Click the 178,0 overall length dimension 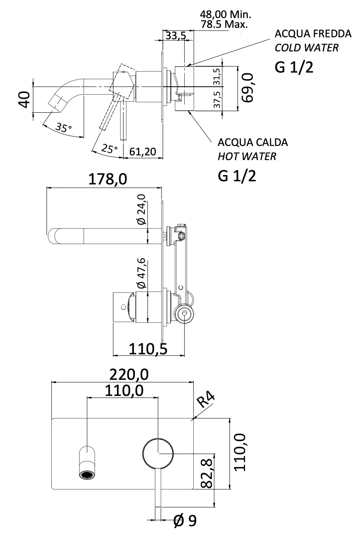[107, 179]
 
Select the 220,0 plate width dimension [129, 375]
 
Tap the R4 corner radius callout [206, 401]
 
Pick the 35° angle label [64, 128]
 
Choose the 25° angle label [109, 149]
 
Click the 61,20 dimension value [143, 151]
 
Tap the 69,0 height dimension [248, 87]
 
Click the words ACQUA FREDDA [313, 34]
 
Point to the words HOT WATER [247, 157]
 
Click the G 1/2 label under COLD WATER [294, 67]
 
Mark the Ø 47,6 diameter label [142, 273]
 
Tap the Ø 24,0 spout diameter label [142, 209]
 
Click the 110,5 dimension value [148, 348]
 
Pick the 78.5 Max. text [224, 24]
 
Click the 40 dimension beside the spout [24, 99]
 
